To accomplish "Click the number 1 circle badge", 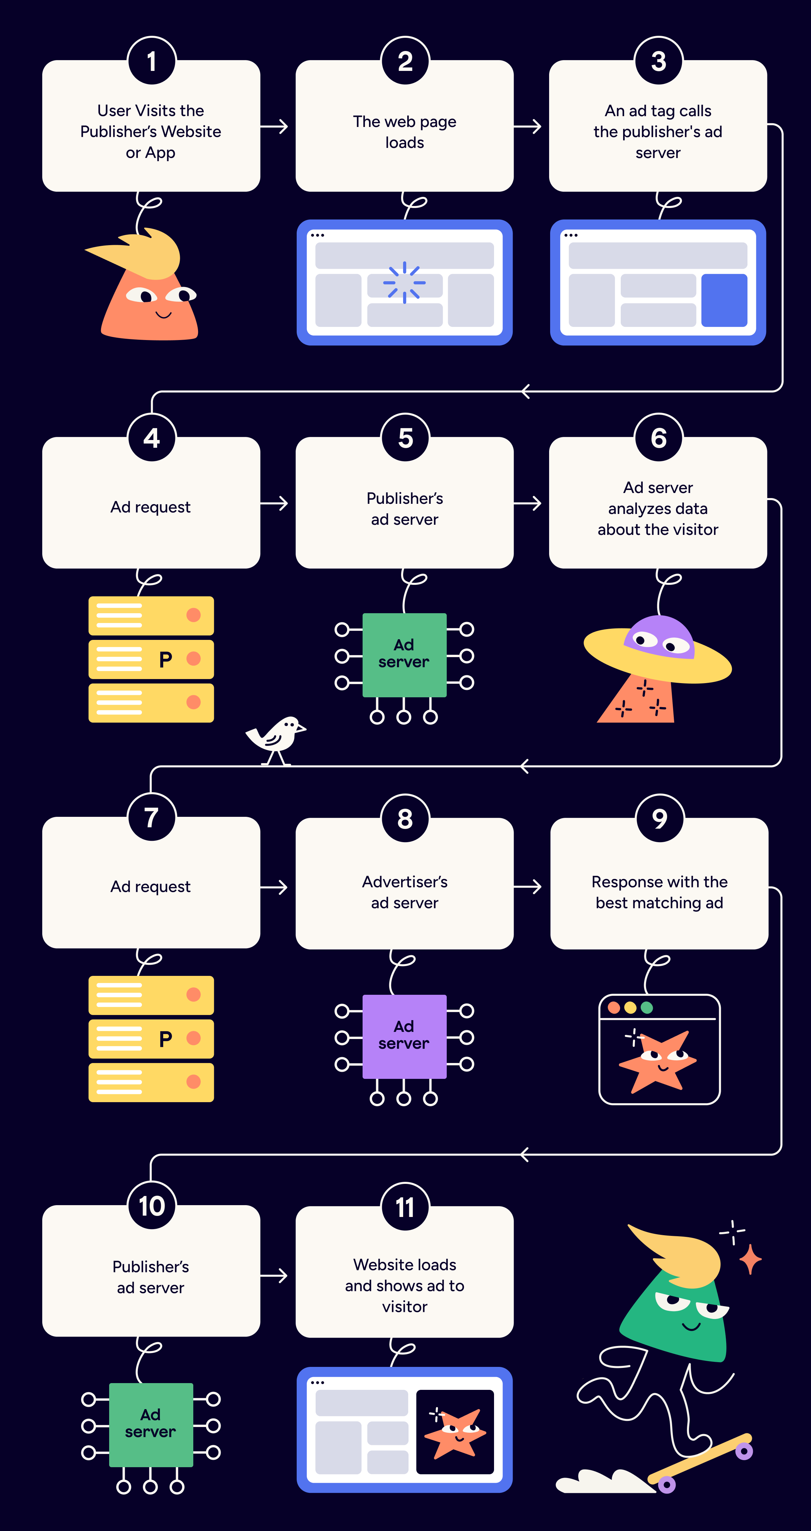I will pyautogui.click(x=152, y=61).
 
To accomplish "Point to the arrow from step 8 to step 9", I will pyautogui.click(x=528, y=887).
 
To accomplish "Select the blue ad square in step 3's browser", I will pyautogui.click(x=724, y=300).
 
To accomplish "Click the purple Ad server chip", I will pyautogui.click(x=404, y=1036).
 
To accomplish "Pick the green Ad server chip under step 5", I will pyautogui.click(x=404, y=654).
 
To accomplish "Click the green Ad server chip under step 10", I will pyautogui.click(x=151, y=1424).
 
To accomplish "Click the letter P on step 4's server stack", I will pyautogui.click(x=165, y=659).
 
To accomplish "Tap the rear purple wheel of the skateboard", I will pyautogui.click(x=666, y=1485).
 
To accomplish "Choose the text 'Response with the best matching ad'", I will pyautogui.click(x=659, y=892).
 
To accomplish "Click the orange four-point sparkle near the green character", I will pyautogui.click(x=751, y=1258).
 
